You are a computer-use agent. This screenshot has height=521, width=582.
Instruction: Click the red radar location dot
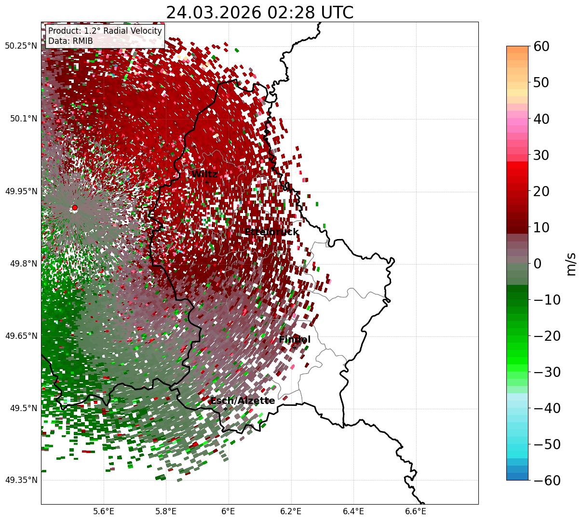(x=75, y=208)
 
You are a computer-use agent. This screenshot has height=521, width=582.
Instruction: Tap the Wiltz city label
(x=204, y=174)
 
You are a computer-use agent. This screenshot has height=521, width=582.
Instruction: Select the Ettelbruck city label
(x=271, y=232)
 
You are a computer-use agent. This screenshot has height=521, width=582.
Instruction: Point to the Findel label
(x=295, y=340)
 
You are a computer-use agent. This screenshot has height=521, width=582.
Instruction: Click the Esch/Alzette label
(x=243, y=401)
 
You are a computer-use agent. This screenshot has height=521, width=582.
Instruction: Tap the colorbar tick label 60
(x=542, y=46)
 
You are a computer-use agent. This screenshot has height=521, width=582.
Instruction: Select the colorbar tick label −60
(x=547, y=481)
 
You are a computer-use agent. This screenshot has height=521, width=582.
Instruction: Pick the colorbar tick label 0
(x=538, y=264)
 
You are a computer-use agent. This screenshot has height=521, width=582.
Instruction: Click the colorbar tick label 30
(x=542, y=155)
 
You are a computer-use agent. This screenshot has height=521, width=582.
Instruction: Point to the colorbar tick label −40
(x=547, y=408)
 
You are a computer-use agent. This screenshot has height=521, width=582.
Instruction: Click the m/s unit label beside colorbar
(x=571, y=264)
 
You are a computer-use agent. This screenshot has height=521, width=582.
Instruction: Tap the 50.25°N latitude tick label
(x=21, y=46)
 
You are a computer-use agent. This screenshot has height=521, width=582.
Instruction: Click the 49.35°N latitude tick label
(x=21, y=481)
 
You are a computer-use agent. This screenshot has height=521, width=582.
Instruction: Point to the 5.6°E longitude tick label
(x=104, y=511)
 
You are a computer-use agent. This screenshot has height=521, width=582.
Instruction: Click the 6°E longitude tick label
(x=229, y=511)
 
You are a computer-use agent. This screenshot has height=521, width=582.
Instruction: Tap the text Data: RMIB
(x=70, y=41)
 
